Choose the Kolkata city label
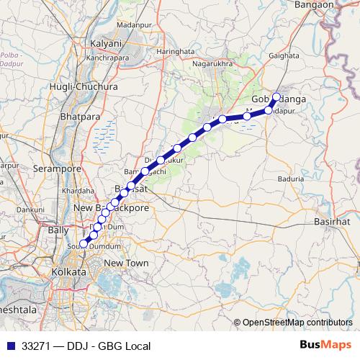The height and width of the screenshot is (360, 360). click(69, 273)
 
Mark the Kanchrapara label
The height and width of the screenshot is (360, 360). click(107, 57)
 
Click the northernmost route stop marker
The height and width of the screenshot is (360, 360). click(276, 96)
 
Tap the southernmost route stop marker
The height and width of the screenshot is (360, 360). click(84, 244)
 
